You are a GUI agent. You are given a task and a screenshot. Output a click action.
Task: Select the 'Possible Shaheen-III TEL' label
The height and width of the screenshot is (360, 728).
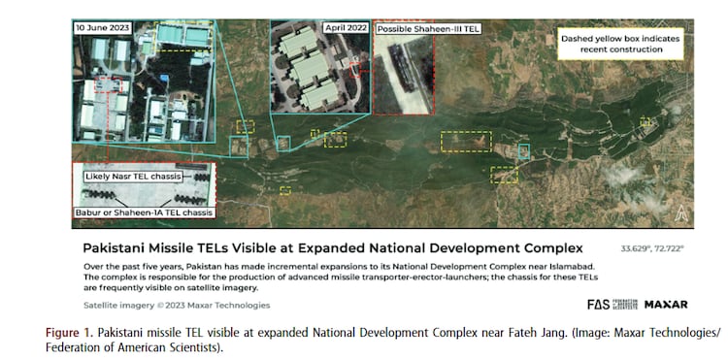[x=427, y=28]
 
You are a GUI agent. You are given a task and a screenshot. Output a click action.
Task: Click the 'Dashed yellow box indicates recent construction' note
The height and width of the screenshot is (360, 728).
[x=618, y=45]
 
